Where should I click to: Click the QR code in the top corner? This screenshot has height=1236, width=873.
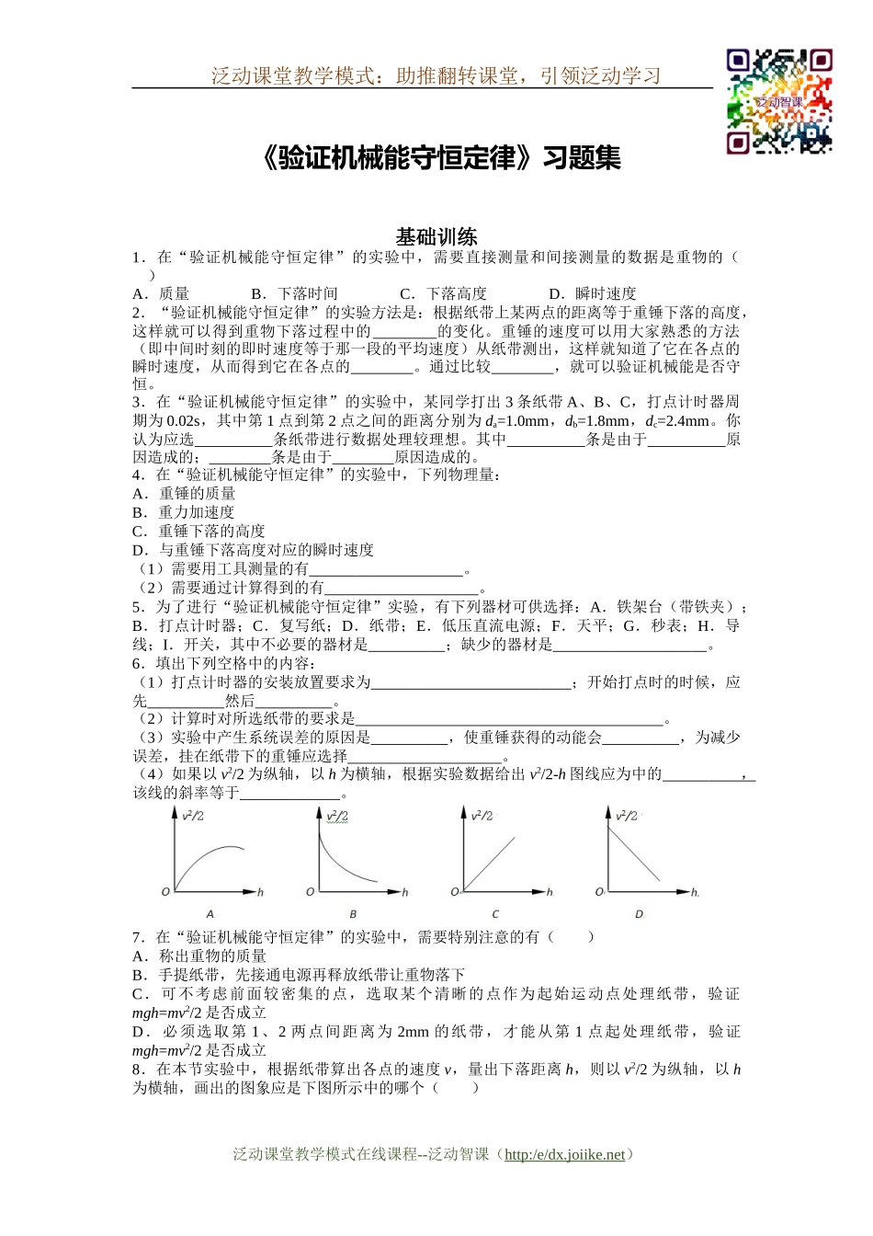[779, 101]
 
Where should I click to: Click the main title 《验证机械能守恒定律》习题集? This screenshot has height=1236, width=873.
[439, 158]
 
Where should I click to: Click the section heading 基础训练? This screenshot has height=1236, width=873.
[436, 235]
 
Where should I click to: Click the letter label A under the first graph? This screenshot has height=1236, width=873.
[210, 914]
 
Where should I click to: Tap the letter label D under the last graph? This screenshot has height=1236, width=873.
[640, 914]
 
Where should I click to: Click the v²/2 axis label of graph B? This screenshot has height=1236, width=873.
[337, 816]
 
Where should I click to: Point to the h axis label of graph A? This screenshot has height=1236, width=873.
[260, 892]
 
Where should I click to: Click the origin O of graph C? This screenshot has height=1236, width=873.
[455, 892]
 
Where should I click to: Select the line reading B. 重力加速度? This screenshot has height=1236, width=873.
[184, 512]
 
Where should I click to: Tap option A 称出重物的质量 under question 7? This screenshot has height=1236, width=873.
[200, 956]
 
